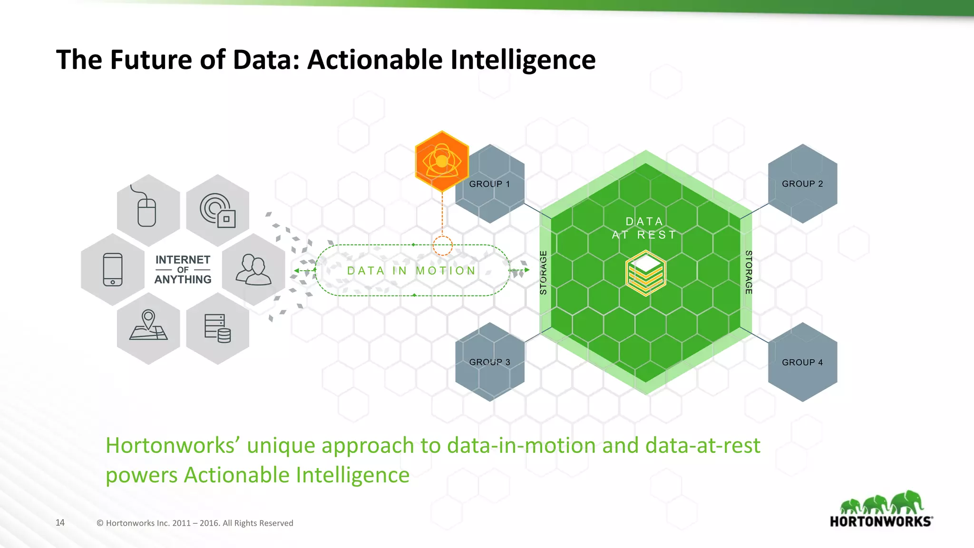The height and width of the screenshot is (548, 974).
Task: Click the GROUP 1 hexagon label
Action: point(489,184)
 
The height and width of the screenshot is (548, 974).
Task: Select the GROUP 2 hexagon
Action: point(802,184)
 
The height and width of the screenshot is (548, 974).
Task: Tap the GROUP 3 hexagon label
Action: point(489,362)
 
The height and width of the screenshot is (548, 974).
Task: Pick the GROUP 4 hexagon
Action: point(802,362)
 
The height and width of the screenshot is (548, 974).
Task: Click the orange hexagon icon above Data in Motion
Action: point(442,162)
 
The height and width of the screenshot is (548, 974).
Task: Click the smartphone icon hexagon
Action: point(113,269)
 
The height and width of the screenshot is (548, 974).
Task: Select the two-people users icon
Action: point(253,269)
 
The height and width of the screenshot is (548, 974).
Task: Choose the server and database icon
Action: point(218,328)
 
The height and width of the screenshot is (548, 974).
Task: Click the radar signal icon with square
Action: point(218,210)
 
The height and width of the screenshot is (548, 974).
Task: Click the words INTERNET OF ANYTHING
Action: point(183,270)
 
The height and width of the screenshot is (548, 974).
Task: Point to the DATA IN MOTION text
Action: point(411,271)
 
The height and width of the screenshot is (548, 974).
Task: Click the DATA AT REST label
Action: point(644,228)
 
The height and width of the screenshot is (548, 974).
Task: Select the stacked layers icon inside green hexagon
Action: point(645,273)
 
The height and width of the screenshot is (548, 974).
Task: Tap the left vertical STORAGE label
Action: point(544,273)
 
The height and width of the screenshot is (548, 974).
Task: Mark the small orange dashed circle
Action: point(442,246)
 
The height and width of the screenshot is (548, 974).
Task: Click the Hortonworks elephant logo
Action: point(881,509)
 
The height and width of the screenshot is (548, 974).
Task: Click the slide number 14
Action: point(60,523)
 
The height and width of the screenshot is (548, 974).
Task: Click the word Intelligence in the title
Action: point(523,60)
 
